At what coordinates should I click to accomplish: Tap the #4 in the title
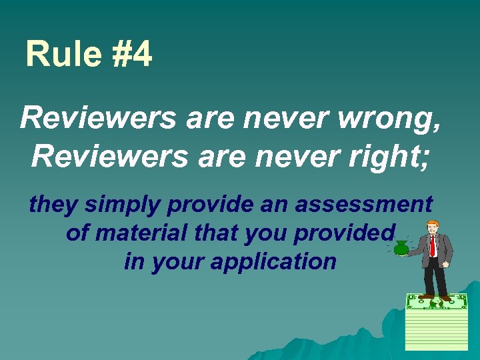[131, 55]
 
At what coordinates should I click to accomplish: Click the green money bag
[402, 249]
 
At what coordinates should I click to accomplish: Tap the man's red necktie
[432, 246]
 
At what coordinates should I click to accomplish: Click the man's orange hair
[433, 221]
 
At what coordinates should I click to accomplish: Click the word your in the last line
[179, 262]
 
